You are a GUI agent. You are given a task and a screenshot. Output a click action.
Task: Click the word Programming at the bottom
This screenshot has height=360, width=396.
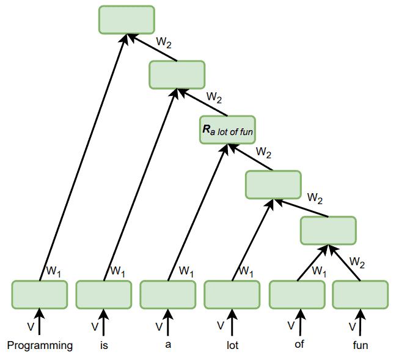point(40,345)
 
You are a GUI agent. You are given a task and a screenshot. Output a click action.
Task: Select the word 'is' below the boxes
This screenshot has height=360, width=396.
point(105,345)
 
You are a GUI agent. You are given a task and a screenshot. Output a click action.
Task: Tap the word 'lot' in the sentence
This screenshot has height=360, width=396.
point(232,345)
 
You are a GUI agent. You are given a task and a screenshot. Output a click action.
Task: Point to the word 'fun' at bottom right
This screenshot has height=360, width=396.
point(361,345)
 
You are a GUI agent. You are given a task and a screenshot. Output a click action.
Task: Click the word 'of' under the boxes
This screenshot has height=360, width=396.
point(299,343)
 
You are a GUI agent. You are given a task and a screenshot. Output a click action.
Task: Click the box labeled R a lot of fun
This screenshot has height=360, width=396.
point(227,129)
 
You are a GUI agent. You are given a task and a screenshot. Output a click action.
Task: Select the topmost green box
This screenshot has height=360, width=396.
point(127,20)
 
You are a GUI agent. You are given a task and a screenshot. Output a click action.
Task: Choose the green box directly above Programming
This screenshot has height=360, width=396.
point(40,295)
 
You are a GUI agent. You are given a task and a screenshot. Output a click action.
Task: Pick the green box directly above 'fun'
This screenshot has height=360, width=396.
point(360,295)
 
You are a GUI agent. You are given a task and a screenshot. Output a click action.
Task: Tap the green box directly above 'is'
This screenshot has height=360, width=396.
point(104,295)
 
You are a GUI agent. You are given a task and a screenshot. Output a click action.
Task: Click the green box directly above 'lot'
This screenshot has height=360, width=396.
point(232,295)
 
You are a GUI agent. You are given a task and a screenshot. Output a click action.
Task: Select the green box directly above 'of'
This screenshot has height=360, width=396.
point(297,295)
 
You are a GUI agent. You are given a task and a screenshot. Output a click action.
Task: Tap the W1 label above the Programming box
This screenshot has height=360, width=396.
point(54,270)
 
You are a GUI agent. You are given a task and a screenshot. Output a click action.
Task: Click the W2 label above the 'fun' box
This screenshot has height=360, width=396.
point(358,263)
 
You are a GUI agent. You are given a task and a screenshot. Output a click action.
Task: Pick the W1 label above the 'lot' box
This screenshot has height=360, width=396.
point(247,270)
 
